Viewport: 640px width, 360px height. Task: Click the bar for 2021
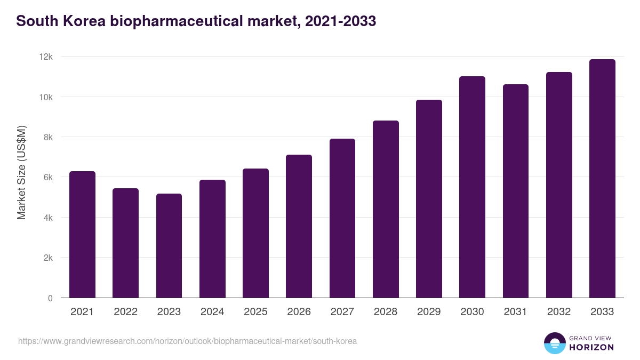82,235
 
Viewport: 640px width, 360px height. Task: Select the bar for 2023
169,246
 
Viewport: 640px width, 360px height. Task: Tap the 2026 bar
299,226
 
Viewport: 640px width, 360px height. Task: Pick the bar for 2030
472,187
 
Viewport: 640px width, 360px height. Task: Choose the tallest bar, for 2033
602,179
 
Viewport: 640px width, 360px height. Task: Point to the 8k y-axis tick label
47,137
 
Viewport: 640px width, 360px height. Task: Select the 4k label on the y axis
47,218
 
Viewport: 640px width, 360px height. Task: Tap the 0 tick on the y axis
50,298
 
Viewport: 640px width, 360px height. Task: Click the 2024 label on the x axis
212,312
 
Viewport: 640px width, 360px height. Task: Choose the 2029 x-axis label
429,312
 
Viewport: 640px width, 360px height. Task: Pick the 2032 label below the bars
559,312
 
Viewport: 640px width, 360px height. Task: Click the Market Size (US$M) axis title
21,172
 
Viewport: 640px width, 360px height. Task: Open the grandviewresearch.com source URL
187,341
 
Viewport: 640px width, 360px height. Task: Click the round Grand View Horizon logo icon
554,343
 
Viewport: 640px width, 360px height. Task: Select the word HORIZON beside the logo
591,347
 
